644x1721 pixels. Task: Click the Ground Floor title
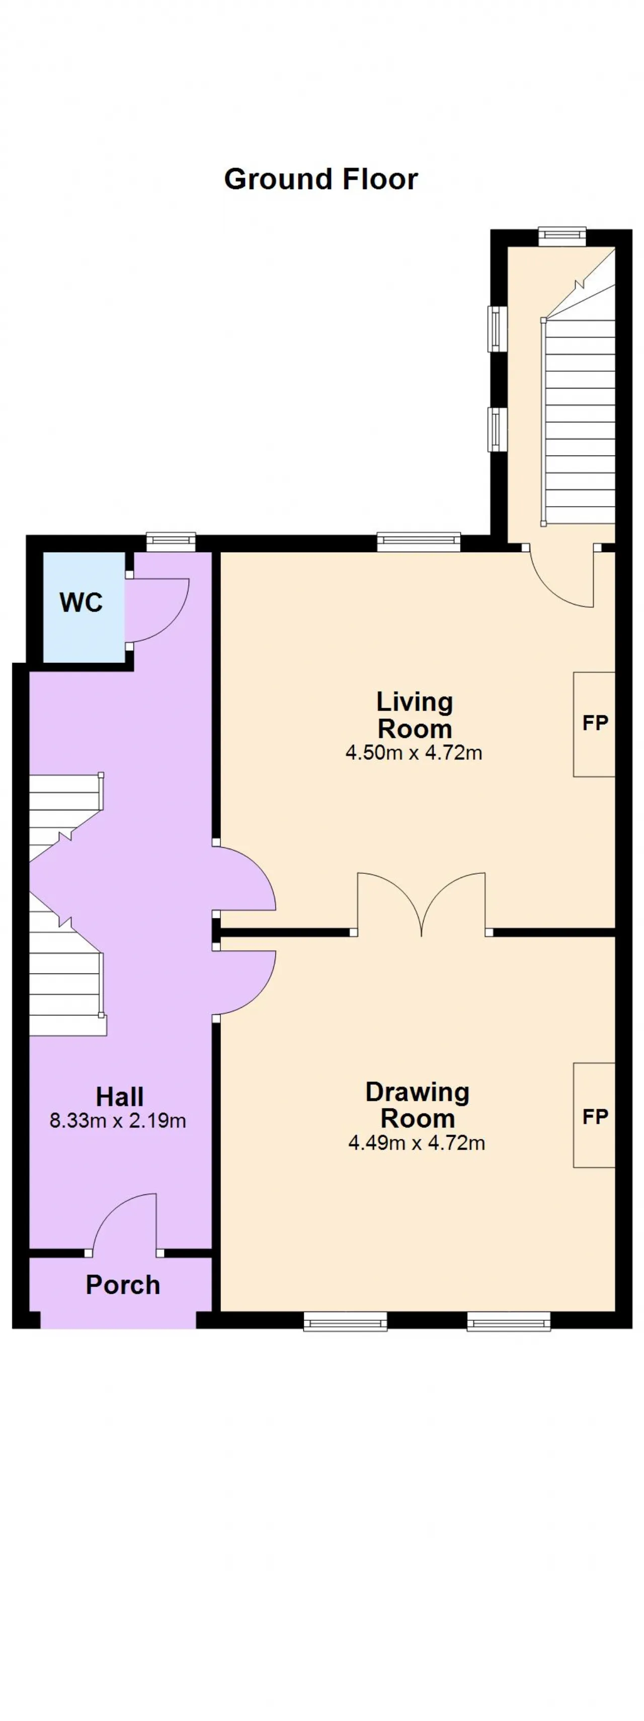tap(320, 179)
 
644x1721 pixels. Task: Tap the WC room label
tap(81, 603)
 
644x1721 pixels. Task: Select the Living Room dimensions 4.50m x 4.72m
tap(414, 753)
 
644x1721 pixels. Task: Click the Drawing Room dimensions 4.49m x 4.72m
tap(416, 1143)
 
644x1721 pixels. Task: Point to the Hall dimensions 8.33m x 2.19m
tap(118, 1120)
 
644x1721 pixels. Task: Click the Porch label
tap(123, 1285)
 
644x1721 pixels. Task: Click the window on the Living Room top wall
tap(419, 541)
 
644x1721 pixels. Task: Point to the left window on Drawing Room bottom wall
tap(345, 1321)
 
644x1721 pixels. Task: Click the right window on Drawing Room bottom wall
tap(508, 1321)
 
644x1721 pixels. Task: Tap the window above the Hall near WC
tap(171, 541)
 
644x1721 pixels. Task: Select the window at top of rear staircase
tap(562, 237)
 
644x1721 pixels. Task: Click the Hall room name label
tap(120, 1096)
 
